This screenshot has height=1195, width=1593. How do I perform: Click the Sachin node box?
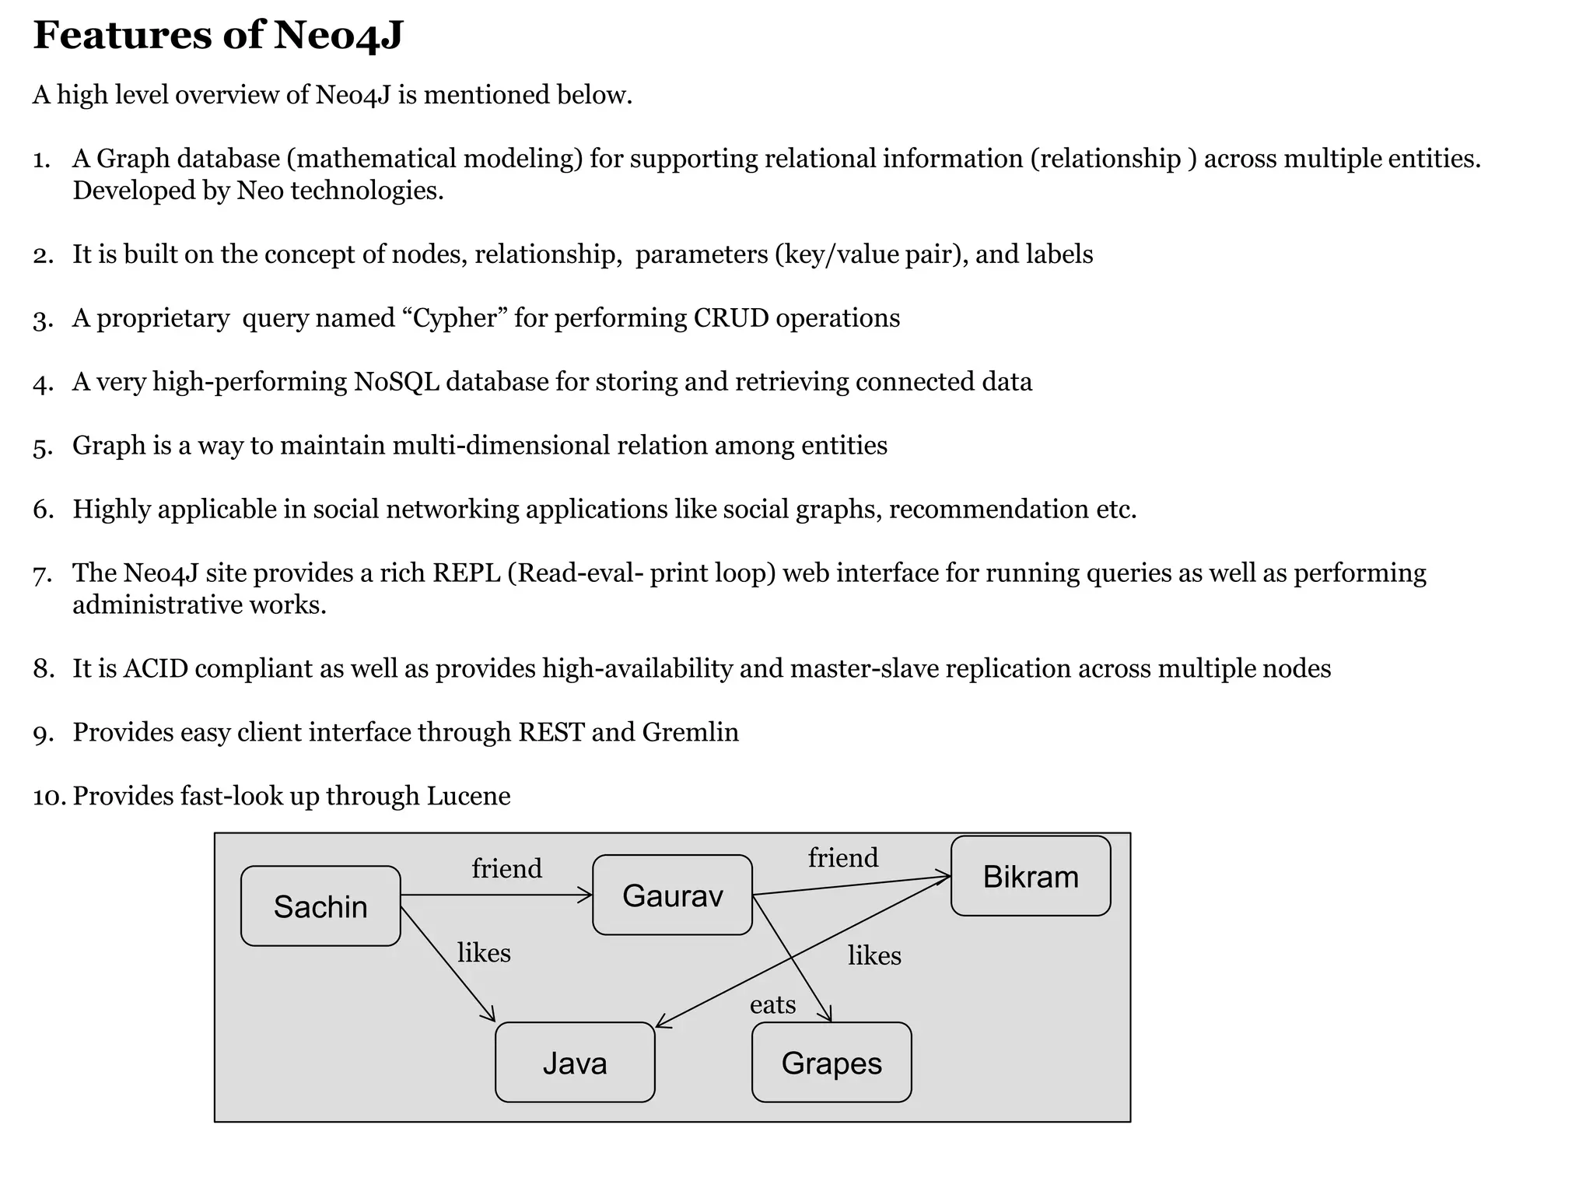[x=320, y=906]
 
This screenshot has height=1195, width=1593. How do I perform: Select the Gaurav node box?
[x=672, y=895]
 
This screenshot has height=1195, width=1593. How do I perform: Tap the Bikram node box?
[x=1031, y=877]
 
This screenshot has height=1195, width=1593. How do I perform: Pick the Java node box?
[x=575, y=1063]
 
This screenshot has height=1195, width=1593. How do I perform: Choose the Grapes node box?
[x=832, y=1063]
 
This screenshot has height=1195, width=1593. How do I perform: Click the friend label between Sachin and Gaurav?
[x=506, y=868]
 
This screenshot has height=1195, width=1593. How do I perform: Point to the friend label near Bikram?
[x=842, y=857]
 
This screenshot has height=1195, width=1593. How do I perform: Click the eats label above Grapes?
[x=772, y=1005]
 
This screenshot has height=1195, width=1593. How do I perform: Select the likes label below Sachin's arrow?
[x=484, y=953]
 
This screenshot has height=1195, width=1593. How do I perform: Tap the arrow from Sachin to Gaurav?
[x=498, y=896]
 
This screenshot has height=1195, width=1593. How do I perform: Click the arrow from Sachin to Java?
[x=448, y=965]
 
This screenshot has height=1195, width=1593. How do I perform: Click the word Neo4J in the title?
[x=338, y=36]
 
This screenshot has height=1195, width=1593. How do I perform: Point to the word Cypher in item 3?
[x=455, y=318]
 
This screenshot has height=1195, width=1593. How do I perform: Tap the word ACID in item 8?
[x=156, y=668]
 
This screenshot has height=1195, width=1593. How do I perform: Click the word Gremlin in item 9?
[x=690, y=732]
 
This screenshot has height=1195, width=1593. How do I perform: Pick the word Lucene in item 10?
[x=468, y=796]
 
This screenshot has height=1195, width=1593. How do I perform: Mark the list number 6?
[x=43, y=510]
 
